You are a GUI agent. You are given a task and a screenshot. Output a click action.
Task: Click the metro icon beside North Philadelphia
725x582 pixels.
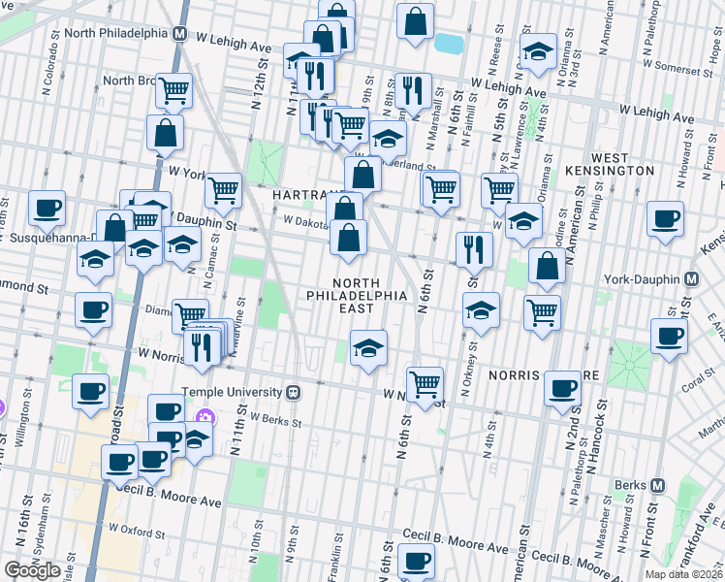(180, 32)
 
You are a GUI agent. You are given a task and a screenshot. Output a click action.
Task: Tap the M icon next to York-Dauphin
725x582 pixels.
(691, 279)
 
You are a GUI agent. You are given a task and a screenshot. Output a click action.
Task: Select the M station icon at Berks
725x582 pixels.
(657, 485)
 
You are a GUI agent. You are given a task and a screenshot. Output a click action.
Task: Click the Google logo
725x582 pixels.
(32, 569)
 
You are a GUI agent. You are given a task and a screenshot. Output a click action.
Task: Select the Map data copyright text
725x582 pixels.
(684, 574)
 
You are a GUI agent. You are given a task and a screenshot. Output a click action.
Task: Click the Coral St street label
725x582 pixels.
(692, 383)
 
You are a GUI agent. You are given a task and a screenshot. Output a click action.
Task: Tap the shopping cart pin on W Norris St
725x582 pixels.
(425, 383)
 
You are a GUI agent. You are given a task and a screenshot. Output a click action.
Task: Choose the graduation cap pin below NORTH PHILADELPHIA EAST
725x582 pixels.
(368, 347)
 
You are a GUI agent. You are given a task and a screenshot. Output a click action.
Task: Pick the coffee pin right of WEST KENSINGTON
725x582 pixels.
(666, 219)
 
